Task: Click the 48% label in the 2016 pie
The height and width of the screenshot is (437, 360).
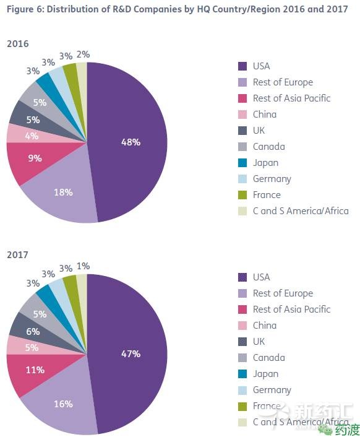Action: (x=131, y=142)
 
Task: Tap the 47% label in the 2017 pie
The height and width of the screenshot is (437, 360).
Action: (x=131, y=353)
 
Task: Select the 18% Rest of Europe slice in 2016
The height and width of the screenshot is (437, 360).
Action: (x=63, y=193)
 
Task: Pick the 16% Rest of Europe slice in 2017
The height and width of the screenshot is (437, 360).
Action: (x=63, y=404)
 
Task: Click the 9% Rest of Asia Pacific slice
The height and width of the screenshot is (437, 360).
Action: (x=35, y=158)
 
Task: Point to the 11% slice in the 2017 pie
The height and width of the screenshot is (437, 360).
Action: (x=35, y=370)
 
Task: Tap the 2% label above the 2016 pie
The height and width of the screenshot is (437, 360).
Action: (x=83, y=54)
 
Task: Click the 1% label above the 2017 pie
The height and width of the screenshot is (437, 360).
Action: (x=83, y=266)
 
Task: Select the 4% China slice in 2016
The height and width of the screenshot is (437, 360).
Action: (x=32, y=136)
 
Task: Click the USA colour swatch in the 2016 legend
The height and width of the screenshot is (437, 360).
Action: (x=243, y=66)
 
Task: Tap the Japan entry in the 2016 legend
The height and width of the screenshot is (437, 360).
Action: (x=265, y=163)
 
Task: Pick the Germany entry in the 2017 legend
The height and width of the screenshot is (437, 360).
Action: (x=272, y=390)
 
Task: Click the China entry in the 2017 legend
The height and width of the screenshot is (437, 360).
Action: (x=264, y=326)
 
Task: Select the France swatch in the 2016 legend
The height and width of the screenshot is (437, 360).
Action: (x=243, y=195)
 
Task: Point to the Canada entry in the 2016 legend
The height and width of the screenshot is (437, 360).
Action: (x=268, y=147)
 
